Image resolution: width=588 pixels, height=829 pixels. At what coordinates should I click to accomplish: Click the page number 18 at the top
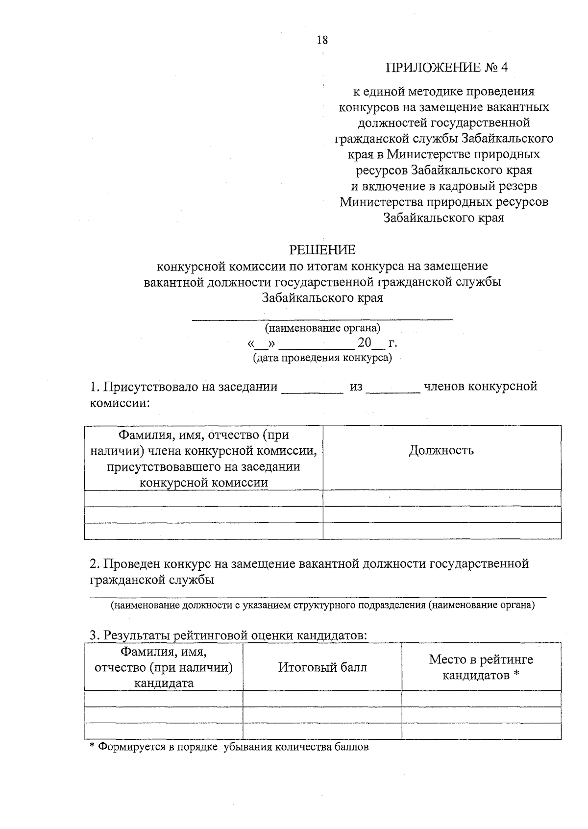click(322, 40)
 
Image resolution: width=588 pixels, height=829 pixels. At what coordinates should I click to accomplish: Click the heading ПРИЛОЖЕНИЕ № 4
click(446, 68)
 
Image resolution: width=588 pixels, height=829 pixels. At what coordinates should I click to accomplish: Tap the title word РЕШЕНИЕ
click(322, 250)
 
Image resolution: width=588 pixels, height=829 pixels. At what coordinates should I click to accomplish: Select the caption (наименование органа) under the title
click(322, 328)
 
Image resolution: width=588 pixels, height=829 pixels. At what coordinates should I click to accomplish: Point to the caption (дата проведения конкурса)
click(322, 358)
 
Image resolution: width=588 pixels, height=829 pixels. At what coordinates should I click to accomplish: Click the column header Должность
click(441, 450)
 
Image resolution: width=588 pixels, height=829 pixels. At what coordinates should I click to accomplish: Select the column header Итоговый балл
click(322, 667)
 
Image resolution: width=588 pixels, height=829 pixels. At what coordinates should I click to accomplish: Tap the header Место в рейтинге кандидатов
click(481, 667)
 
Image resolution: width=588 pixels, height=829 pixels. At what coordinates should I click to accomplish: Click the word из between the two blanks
click(356, 387)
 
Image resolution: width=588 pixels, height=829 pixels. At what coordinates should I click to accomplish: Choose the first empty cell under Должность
click(441, 498)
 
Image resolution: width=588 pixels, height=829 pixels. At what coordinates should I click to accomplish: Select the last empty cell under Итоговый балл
click(322, 731)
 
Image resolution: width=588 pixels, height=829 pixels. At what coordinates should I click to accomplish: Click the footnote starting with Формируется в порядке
click(228, 747)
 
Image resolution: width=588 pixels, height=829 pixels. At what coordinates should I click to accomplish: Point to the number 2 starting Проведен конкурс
click(93, 564)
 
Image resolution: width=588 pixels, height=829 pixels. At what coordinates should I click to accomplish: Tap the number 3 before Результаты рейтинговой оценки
click(93, 635)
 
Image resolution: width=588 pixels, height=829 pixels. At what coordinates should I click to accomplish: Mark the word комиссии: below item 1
click(120, 403)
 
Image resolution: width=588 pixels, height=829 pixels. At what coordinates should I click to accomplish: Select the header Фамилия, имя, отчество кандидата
click(164, 667)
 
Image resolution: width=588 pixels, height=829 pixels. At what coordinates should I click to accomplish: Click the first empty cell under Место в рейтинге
click(481, 698)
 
